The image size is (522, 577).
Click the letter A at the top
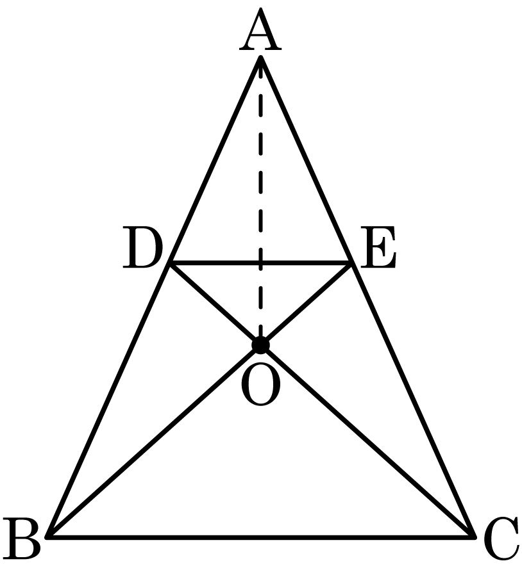coord(260,29)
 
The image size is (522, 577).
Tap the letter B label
coord(21,538)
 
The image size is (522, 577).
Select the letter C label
coord(501,539)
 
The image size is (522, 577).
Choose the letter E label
coord(378,247)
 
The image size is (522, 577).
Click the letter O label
coord(260,384)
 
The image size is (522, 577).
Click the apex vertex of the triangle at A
coord(260,57)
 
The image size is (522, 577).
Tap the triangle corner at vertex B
coord(47,537)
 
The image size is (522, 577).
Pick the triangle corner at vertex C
coord(474,537)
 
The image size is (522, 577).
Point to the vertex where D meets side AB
coord(170,263)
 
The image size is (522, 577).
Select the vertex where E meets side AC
coord(351,263)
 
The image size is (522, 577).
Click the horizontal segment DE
coord(260,263)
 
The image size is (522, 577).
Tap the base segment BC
coord(261,537)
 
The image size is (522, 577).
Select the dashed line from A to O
coord(260,201)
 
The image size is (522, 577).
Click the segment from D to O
coord(215,304)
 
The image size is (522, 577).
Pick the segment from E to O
coord(306,304)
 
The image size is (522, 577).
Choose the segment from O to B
coord(154,441)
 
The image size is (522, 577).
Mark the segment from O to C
coord(367,441)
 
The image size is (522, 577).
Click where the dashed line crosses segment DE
coord(260,263)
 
